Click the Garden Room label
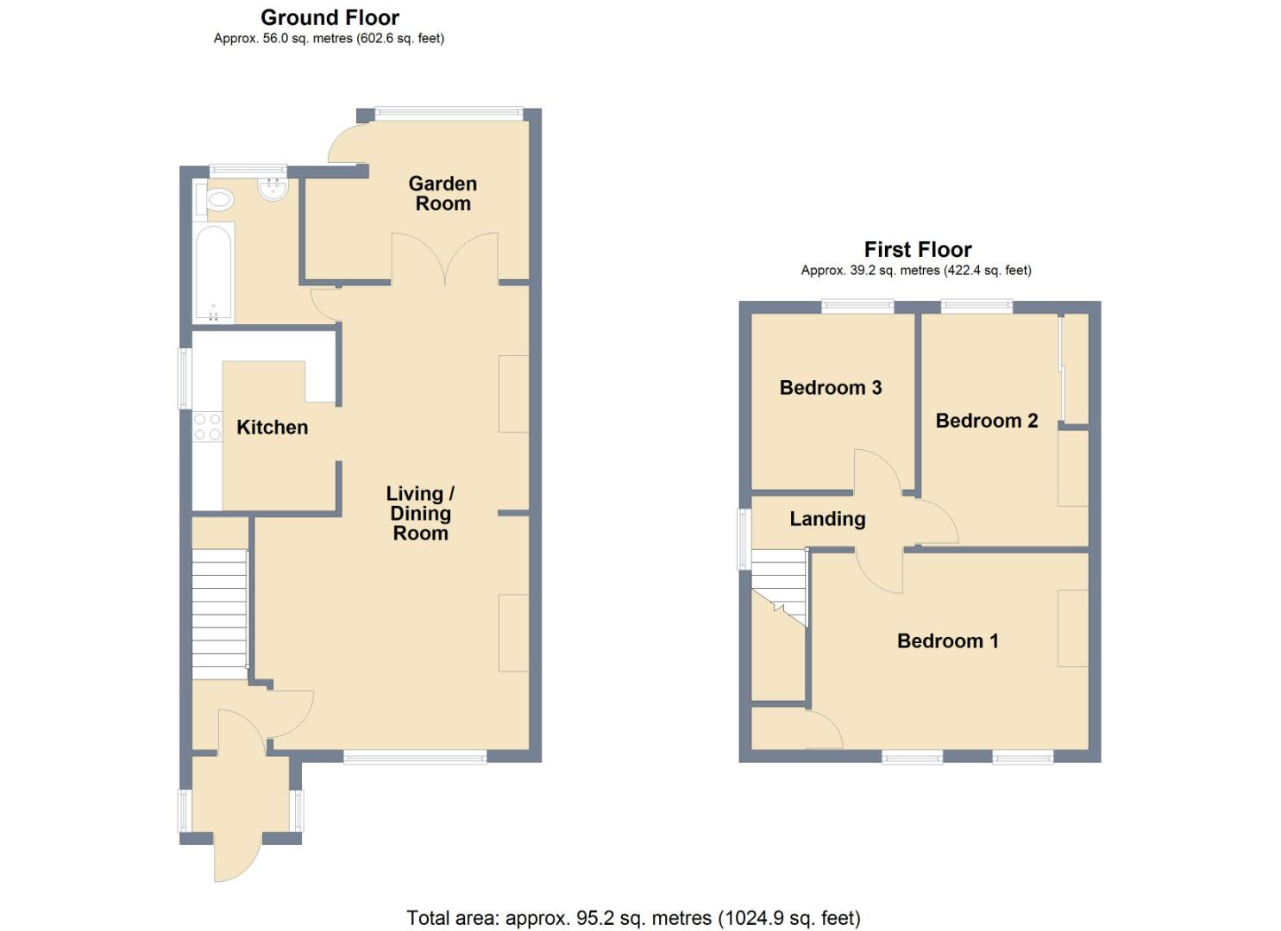pyautogui.click(x=443, y=193)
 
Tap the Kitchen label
pyautogui.click(x=272, y=428)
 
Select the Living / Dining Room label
pyautogui.click(x=420, y=513)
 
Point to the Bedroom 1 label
pyautogui.click(x=947, y=641)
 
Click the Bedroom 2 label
pyautogui.click(x=986, y=421)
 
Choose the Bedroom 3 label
pyautogui.click(x=830, y=388)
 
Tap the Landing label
pyautogui.click(x=827, y=519)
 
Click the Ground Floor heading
pyautogui.click(x=330, y=17)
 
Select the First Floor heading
pyautogui.click(x=917, y=250)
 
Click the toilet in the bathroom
pyautogui.click(x=218, y=201)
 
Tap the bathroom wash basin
pyautogui.click(x=273, y=190)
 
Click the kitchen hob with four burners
pyautogui.click(x=207, y=427)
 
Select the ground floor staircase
pyautogui.click(x=219, y=614)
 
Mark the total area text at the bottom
pyautogui.click(x=633, y=918)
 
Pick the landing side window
pyautogui.click(x=742, y=539)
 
